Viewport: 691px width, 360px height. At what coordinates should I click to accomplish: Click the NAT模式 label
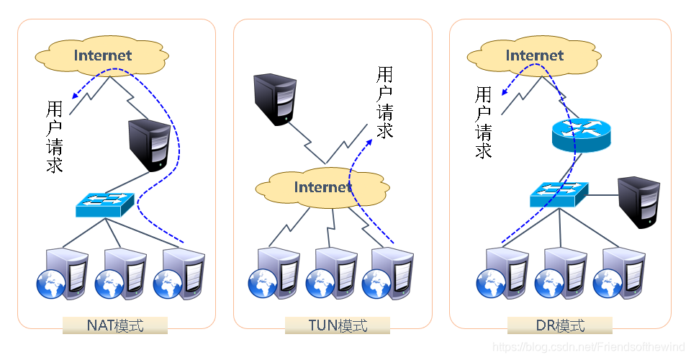point(115,325)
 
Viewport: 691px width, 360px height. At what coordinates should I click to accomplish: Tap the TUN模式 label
point(338,325)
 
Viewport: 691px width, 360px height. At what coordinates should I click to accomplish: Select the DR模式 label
point(560,325)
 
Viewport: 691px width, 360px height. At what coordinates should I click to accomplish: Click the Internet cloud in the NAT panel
point(103,55)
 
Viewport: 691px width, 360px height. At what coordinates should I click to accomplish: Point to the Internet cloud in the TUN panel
point(323,187)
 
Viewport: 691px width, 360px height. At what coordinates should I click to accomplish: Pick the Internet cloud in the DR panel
point(534,55)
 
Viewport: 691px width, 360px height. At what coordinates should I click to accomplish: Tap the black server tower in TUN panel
point(274,99)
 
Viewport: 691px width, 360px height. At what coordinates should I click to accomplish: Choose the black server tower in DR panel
point(639,202)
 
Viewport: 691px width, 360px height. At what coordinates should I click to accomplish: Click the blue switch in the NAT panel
point(105,204)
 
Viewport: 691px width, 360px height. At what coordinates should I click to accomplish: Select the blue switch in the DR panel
point(559,193)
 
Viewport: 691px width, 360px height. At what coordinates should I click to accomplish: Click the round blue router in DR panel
point(580,135)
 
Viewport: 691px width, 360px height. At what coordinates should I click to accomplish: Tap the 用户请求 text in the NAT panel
point(55,137)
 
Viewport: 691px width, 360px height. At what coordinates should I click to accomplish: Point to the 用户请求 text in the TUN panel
point(385,103)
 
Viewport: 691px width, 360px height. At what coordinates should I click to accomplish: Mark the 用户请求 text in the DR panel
point(484,122)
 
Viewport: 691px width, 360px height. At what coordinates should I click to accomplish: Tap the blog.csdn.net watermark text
point(590,347)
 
